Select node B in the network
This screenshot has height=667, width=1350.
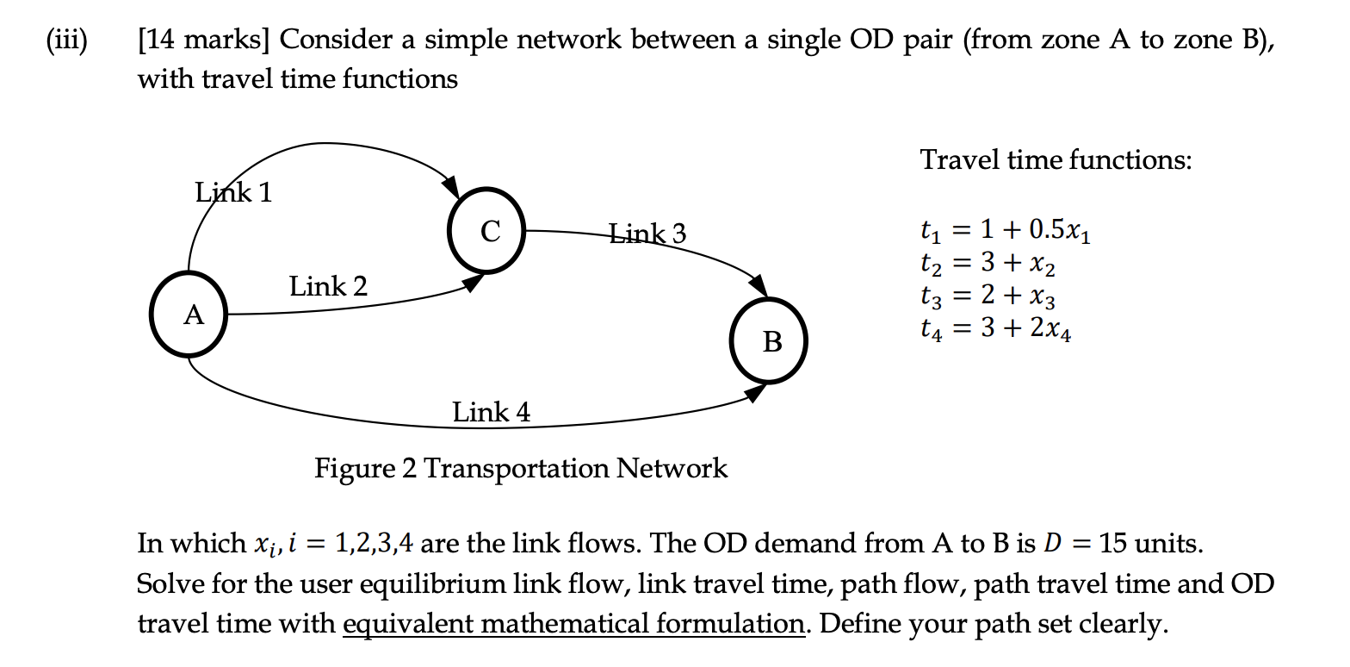771,340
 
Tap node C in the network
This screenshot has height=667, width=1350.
489,230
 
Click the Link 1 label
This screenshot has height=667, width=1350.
233,191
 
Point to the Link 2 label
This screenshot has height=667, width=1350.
328,285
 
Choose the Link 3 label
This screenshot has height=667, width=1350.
647,233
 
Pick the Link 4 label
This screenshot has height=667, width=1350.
492,412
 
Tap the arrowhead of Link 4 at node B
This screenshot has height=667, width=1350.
755,394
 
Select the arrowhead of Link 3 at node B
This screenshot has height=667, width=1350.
758,285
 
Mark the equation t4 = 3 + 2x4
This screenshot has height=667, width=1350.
996,330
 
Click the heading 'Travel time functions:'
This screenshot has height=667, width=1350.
1056,159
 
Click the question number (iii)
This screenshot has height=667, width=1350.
67,40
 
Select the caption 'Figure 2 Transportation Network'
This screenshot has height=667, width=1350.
521,468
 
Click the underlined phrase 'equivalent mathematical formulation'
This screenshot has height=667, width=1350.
573,622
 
